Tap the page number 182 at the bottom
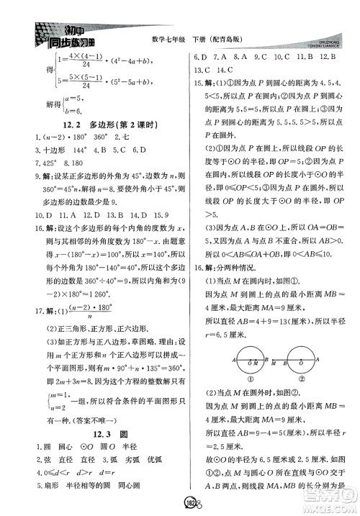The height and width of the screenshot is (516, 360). (179, 501)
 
